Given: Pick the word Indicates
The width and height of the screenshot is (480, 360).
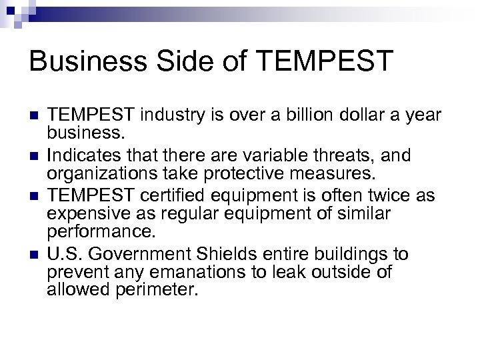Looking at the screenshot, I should (x=81, y=155).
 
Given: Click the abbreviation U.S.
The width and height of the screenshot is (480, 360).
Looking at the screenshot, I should (x=62, y=253).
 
